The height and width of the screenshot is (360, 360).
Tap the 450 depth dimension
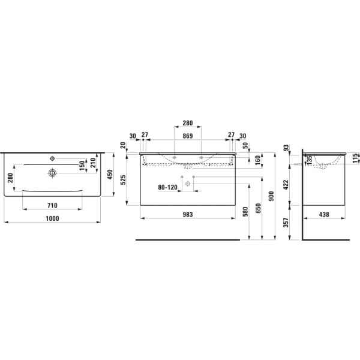110,174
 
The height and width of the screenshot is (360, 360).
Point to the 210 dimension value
93,162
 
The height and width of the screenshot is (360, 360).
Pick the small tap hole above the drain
53,158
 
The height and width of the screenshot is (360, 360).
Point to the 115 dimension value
356,157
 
